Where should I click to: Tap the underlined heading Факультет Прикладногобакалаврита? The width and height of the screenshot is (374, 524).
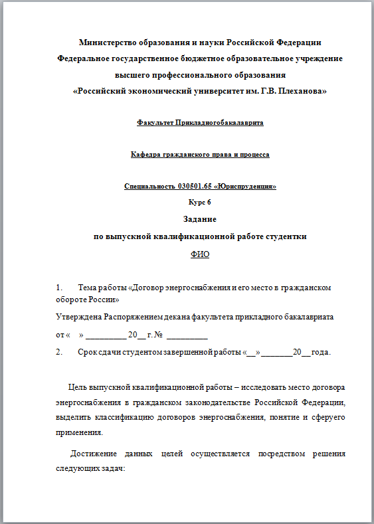(200, 123)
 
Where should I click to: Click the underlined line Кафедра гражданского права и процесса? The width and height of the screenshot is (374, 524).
(200, 155)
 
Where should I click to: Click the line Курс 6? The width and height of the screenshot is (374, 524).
(200, 203)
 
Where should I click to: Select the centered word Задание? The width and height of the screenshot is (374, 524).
(200, 218)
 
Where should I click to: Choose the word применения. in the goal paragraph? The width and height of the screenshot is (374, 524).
(80, 432)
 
